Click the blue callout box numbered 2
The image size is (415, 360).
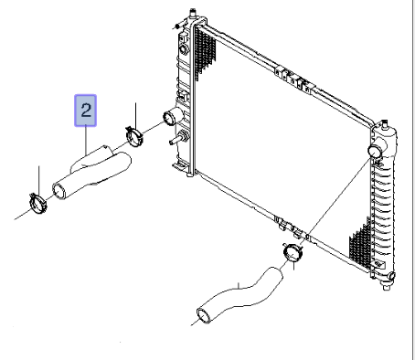point(86,111)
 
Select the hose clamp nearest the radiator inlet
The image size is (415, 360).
point(134,135)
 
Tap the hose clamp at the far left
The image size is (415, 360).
point(38,203)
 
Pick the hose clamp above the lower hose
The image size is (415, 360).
point(293,252)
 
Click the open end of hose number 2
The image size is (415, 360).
point(59,191)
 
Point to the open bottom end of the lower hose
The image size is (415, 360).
point(204,316)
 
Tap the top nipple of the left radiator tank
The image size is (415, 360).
point(193,14)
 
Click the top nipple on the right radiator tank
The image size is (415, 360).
point(385,124)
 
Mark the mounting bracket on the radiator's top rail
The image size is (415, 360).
point(293,78)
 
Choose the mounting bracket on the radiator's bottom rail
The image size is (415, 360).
point(291,228)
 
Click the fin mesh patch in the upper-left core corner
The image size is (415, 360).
point(204,52)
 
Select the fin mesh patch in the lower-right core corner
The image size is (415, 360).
point(361,244)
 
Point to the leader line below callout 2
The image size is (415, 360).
point(86,141)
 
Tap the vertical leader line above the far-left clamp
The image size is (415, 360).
point(39,181)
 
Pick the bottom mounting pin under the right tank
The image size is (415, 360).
point(387,287)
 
